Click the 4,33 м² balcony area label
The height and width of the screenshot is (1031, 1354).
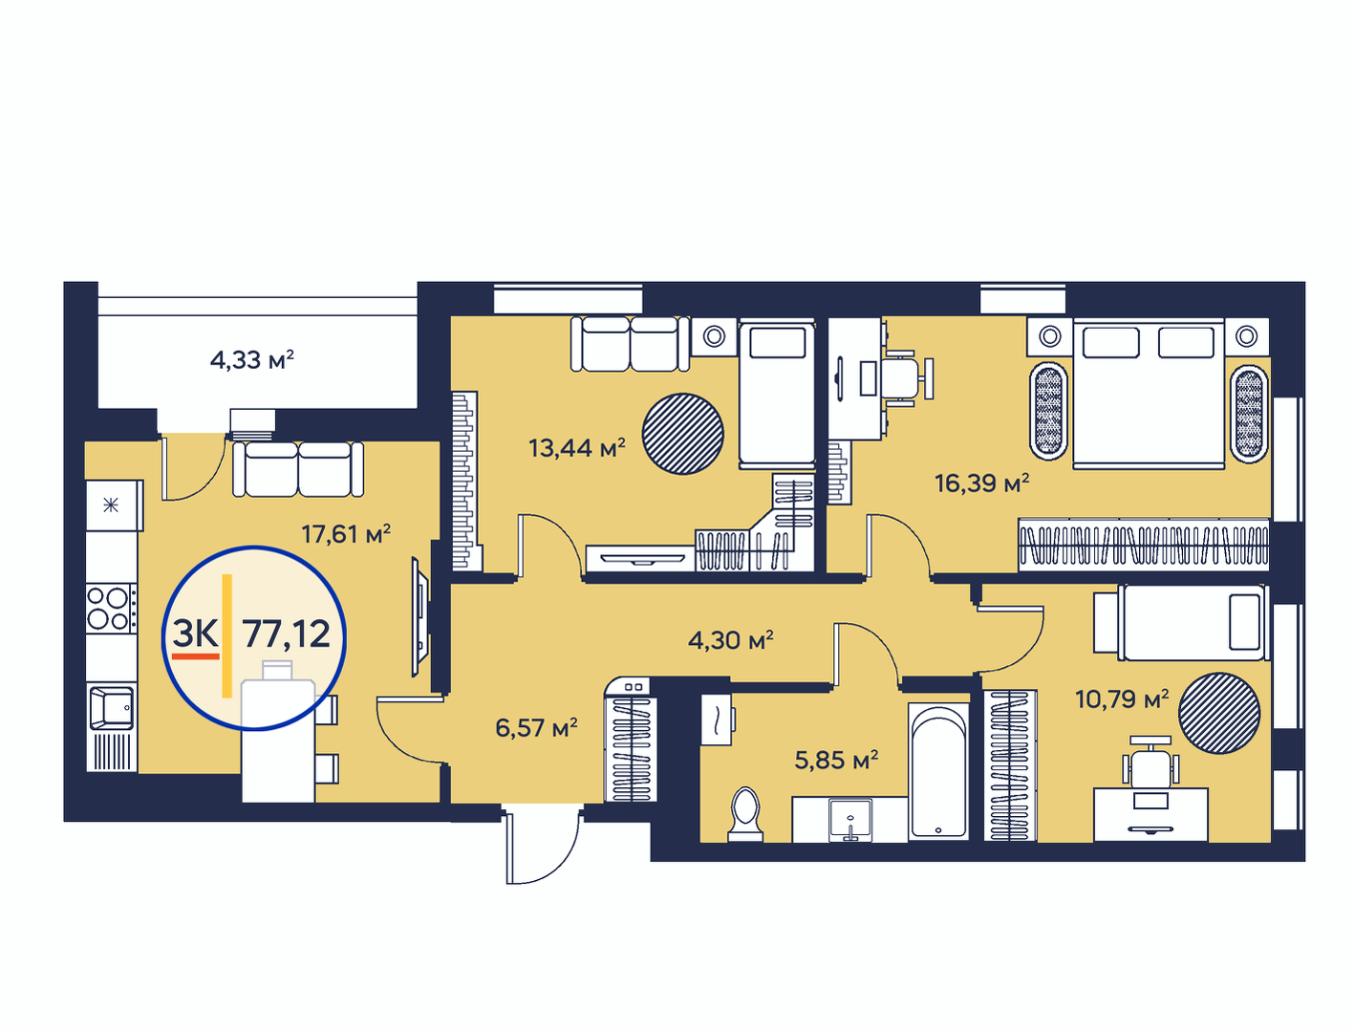coord(251,359)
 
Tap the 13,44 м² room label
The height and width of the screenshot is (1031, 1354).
coord(577,448)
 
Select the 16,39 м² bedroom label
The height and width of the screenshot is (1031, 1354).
coord(982,483)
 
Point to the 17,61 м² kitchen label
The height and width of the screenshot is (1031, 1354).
coord(346,534)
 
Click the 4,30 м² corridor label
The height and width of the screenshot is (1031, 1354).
coord(731,640)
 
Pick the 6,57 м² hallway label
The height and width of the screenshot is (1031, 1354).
coord(536,727)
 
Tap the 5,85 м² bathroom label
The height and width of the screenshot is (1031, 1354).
coord(836,761)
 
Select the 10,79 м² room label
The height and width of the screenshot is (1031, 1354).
coord(1122,699)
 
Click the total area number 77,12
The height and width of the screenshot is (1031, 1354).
coord(287,634)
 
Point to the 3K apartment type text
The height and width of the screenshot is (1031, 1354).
coord(195,633)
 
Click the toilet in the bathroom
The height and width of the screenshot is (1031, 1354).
coord(745,814)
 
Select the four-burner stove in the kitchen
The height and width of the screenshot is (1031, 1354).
coord(112,608)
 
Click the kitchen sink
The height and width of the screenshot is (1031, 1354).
coord(111,707)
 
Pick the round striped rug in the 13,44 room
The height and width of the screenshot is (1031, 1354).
coord(683,434)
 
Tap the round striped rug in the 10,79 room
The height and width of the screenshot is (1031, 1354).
coord(1219,713)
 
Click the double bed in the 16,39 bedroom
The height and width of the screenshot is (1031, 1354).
coord(1148,393)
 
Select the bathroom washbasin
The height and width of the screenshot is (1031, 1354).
coord(850,820)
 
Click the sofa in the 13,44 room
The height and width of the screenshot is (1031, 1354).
coord(630,344)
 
